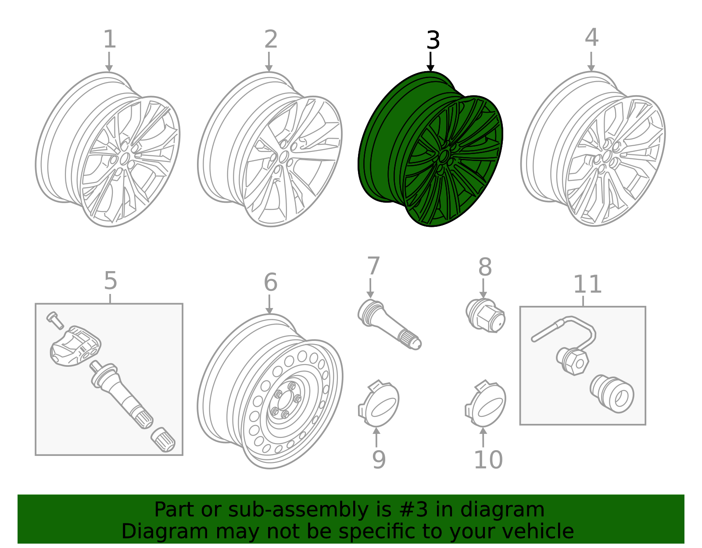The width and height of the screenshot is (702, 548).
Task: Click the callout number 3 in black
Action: (x=433, y=41)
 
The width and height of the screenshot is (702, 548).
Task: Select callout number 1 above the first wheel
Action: (x=109, y=39)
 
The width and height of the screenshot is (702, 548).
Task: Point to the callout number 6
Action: (x=270, y=282)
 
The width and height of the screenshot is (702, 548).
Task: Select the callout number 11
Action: (x=587, y=284)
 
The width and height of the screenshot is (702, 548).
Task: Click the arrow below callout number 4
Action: (x=591, y=61)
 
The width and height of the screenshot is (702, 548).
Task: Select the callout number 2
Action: (x=271, y=39)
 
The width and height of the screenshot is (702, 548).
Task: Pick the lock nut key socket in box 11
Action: (x=612, y=394)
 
